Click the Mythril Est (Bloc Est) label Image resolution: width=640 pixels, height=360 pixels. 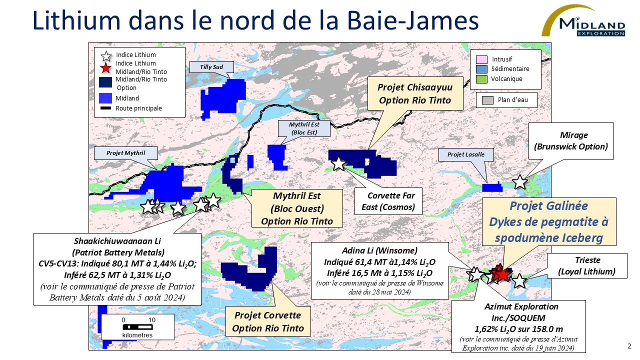[x=303, y=128]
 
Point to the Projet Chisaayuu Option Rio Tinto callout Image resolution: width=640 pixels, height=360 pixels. [x=415, y=94]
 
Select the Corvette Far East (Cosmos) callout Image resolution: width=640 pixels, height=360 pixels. [x=387, y=201]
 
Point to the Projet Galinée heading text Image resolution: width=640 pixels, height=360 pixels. [x=548, y=206]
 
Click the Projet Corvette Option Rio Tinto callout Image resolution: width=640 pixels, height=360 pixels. [x=267, y=322]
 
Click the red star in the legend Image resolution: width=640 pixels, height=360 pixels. [x=105, y=68]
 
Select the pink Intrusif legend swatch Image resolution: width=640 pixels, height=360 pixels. [x=482, y=59]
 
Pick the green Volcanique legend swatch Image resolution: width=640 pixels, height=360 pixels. [x=482, y=78]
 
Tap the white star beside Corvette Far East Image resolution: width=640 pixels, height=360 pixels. [x=338, y=162]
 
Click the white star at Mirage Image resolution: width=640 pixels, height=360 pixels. [x=520, y=182]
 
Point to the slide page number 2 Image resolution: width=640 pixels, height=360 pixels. [x=629, y=346]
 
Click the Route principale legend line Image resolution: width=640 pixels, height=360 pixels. [x=105, y=108]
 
